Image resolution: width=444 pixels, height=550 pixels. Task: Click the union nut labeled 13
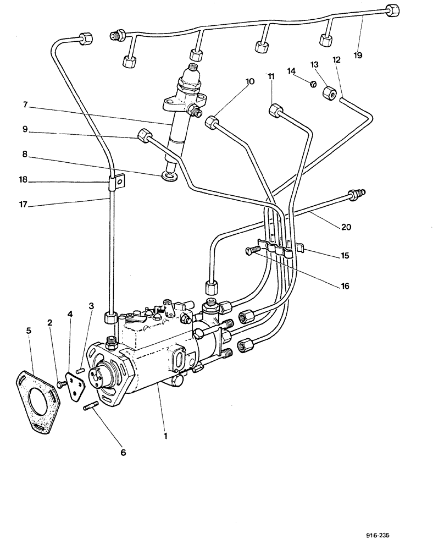[x=330, y=94]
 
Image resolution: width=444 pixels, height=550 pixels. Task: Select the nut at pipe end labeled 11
[x=275, y=112]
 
